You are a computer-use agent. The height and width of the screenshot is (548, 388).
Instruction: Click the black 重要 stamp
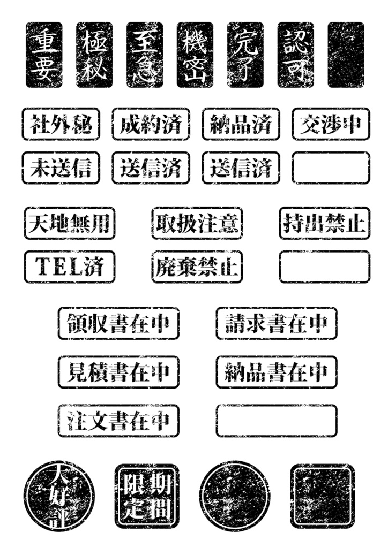click(x=44, y=55)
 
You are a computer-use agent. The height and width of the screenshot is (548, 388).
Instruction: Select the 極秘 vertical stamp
click(x=94, y=55)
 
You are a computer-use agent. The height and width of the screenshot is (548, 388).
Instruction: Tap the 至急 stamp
click(x=145, y=55)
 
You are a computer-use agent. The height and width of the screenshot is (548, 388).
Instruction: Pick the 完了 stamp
click(x=245, y=55)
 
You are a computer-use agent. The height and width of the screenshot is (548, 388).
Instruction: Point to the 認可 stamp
click(x=295, y=55)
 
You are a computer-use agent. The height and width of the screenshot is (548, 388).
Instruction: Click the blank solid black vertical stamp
click(x=346, y=55)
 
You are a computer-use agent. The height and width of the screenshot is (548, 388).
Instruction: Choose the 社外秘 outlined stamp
click(x=61, y=124)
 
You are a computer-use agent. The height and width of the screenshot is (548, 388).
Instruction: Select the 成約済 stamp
click(x=151, y=124)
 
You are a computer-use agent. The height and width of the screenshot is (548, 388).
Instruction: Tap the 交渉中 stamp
click(x=331, y=124)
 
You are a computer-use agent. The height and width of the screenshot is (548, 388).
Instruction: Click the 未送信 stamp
click(x=61, y=168)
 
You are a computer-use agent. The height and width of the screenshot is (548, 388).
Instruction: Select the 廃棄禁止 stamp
click(x=197, y=267)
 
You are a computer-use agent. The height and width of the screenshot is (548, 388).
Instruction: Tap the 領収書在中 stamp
click(x=118, y=323)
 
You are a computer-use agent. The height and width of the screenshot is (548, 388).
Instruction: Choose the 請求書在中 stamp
click(x=277, y=323)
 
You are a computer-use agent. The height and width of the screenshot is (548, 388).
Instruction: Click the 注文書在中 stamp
click(x=118, y=421)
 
